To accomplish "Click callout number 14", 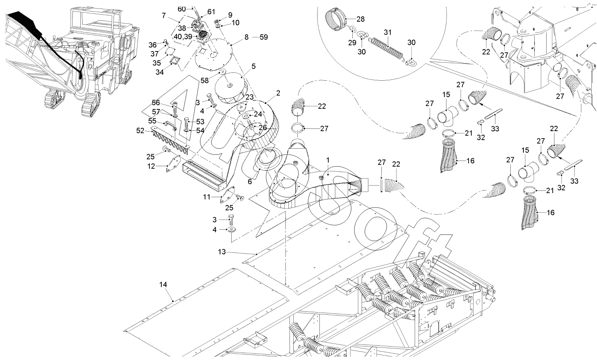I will coord(163,285).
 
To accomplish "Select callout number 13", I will coord(222,252).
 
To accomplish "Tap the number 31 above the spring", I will coord(388,32).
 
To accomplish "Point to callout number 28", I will coord(361,19).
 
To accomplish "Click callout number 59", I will coord(264,37).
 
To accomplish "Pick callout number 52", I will coord(140,130).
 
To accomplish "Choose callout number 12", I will coord(151,166).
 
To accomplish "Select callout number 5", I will coord(253,66).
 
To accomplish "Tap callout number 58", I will coord(204,80).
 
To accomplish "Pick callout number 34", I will coord(160,72).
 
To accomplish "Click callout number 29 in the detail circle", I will coord(352,43).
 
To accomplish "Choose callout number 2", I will coord(278,93).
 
